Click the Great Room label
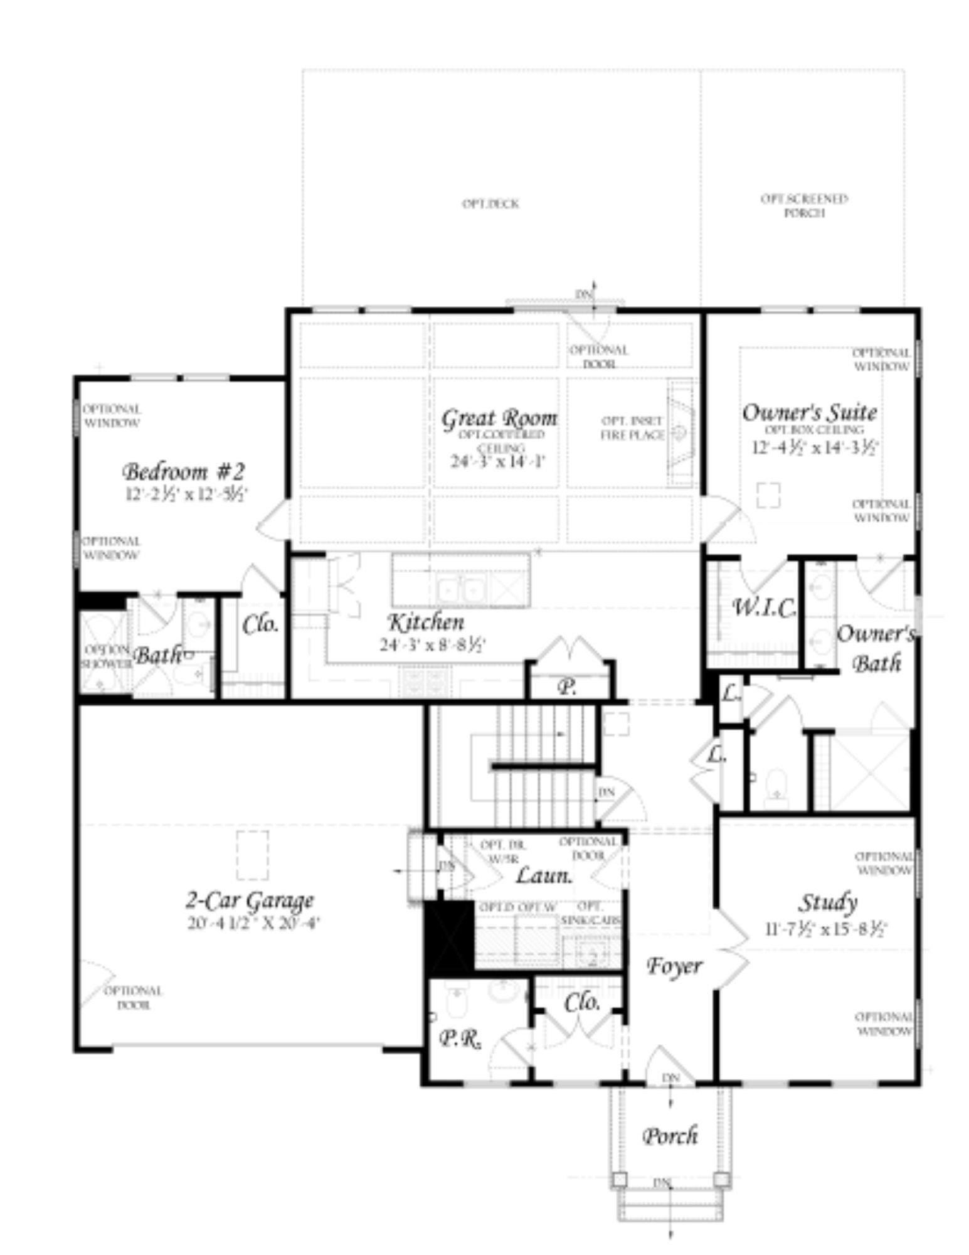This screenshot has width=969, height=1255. pyautogui.click(x=499, y=419)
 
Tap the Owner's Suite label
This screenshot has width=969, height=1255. pyautogui.click(x=809, y=413)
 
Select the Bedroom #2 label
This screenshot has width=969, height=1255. pyautogui.click(x=183, y=471)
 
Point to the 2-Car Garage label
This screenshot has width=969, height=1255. pyautogui.click(x=249, y=901)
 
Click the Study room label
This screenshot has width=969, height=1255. pyautogui.click(x=827, y=903)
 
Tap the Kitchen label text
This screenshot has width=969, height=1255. pyautogui.click(x=426, y=622)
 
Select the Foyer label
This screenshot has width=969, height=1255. pyautogui.click(x=674, y=966)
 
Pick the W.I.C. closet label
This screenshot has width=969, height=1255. pyautogui.click(x=764, y=607)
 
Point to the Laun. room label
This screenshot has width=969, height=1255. pyautogui.click(x=544, y=875)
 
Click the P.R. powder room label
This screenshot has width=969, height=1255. pyautogui.click(x=458, y=1040)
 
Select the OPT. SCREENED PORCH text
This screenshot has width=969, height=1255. pyautogui.click(x=804, y=206)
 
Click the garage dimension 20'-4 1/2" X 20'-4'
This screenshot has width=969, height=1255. pyautogui.click(x=254, y=924)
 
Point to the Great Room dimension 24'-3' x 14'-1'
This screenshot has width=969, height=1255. pyautogui.click(x=499, y=461)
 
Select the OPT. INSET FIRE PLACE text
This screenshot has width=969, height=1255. pyautogui.click(x=632, y=428)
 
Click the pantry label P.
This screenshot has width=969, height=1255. pyautogui.click(x=567, y=687)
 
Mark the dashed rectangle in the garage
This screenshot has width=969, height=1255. pyautogui.click(x=253, y=855)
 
